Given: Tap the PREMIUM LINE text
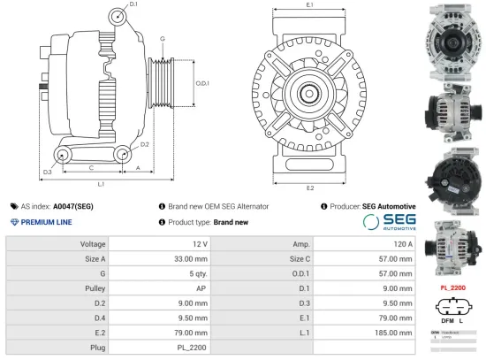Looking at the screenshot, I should [x=45, y=222].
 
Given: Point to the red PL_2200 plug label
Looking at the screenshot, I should [x=453, y=287].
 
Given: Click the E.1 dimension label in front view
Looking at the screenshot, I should [x=309, y=5].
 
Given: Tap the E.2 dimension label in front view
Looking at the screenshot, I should [x=309, y=188].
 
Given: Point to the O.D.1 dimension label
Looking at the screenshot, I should [x=201, y=83].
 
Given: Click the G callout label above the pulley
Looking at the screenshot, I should [x=163, y=39].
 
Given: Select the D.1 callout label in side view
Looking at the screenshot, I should [x=133, y=5].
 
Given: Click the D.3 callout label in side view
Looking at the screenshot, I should [x=47, y=171].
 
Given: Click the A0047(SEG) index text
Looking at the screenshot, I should [x=74, y=205].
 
